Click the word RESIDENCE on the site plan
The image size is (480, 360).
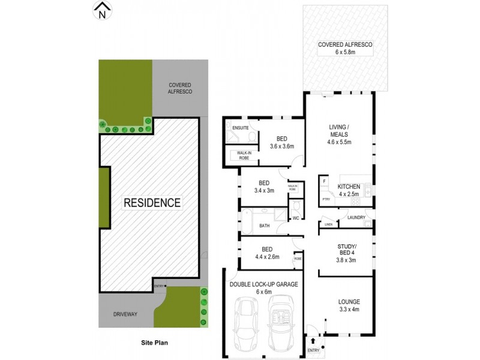(152, 203)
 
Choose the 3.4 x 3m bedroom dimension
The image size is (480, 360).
(263, 191)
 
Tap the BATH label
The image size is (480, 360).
(265, 226)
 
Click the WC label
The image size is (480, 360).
(296, 218)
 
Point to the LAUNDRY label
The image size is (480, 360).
(356, 217)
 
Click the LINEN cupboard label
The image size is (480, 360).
(328, 224)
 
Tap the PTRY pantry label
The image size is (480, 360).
(326, 198)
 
